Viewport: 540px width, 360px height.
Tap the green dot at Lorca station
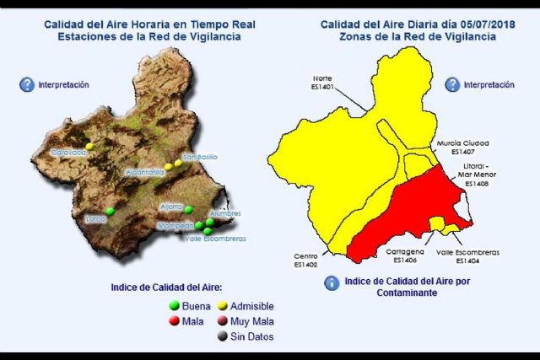coord(110,211)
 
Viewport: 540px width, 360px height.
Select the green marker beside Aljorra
coord(189,210)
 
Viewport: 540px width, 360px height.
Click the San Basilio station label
coord(200,157)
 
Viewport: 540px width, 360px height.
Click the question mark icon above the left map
coord(27,84)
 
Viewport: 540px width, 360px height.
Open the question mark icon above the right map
coord(452,84)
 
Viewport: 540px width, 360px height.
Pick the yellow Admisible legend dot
coord(223,305)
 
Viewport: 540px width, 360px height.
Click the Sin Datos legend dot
coord(223,336)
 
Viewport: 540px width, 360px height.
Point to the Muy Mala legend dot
coord(223,321)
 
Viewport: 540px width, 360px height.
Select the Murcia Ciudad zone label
coord(463,143)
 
